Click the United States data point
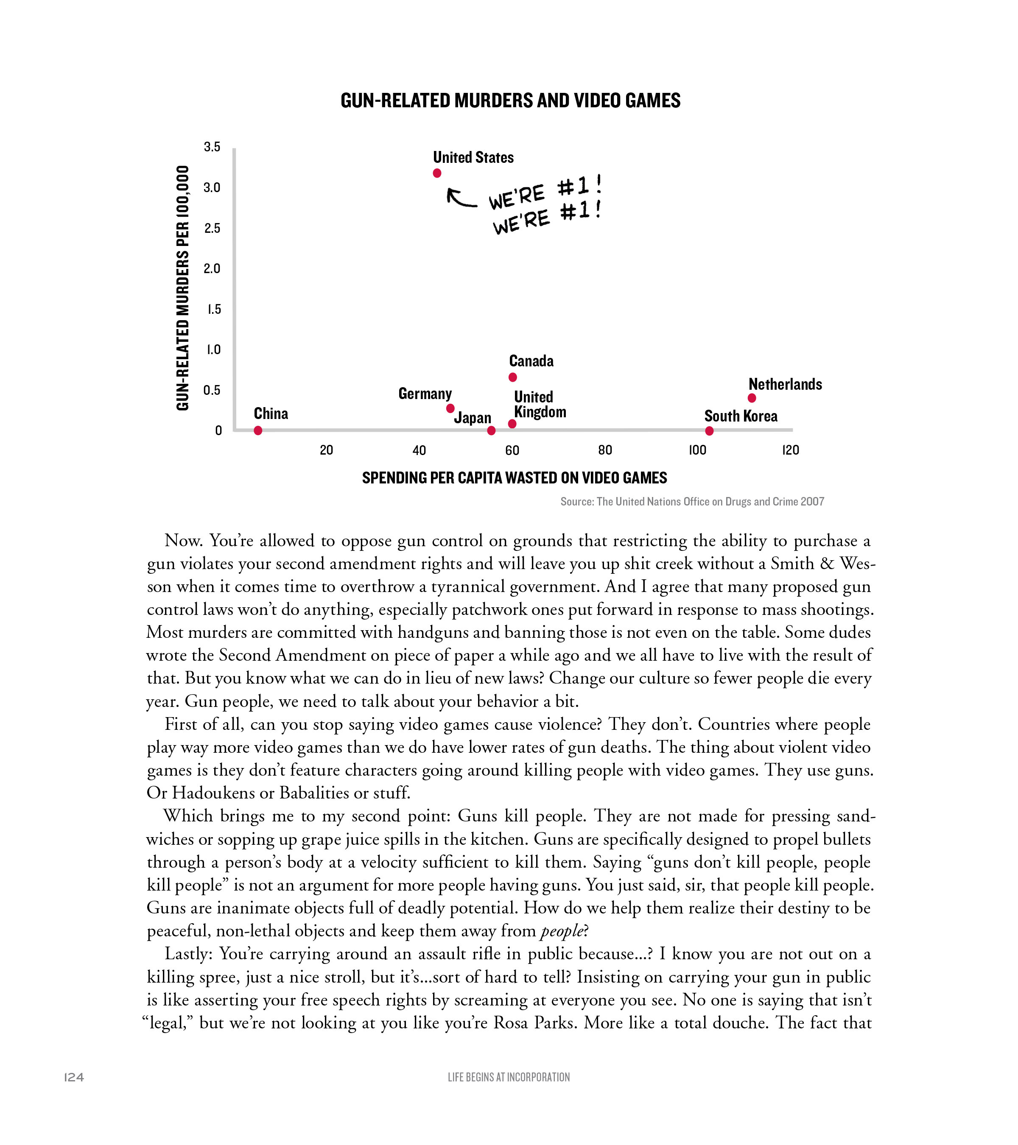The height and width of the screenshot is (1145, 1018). pos(437,173)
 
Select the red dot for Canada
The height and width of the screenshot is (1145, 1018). pos(513,377)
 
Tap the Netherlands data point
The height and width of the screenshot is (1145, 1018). pos(752,398)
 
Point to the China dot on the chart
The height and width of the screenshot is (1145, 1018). pos(258,431)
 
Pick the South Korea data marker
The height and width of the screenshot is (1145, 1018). pos(709,431)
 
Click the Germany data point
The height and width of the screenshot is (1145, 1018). pos(450,409)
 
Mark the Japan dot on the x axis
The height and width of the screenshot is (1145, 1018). pos(491,431)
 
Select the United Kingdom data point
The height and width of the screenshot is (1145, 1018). pos(512,424)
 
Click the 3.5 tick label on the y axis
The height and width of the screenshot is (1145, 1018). pos(212,147)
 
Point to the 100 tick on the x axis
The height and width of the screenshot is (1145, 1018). pos(697,450)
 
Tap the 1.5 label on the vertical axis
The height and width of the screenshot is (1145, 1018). pos(213,309)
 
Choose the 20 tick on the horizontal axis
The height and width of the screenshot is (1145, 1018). pos(326,450)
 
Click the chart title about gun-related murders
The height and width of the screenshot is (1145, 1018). pos(510,101)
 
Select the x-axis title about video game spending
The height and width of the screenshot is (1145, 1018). pos(515,478)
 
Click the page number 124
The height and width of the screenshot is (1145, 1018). pos(74,1077)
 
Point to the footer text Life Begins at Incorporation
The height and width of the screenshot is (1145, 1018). pos(509,1077)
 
